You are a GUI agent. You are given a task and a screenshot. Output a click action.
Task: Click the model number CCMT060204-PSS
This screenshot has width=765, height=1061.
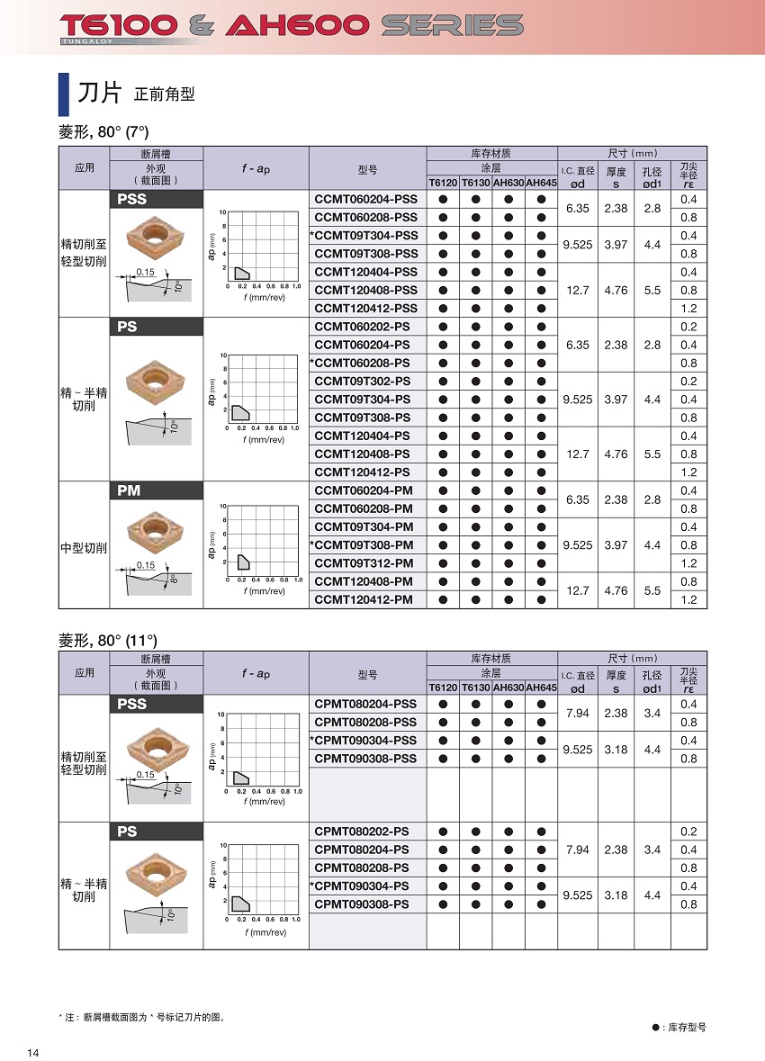pyautogui.click(x=366, y=199)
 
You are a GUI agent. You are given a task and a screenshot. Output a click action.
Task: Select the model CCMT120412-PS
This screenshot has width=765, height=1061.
pyautogui.click(x=363, y=472)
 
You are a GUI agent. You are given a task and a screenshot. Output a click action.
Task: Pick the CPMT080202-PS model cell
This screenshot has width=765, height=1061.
pyautogui.click(x=363, y=832)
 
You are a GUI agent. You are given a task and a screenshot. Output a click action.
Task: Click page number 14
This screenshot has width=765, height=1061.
pyautogui.click(x=33, y=1054)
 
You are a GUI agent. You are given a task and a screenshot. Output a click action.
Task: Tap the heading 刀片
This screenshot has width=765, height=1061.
pyautogui.click(x=98, y=92)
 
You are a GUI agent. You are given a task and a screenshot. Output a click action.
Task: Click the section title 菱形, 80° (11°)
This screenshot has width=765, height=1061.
pyautogui.click(x=108, y=640)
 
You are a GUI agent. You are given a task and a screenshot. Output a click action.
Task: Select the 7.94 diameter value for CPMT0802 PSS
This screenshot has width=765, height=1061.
pyautogui.click(x=578, y=714)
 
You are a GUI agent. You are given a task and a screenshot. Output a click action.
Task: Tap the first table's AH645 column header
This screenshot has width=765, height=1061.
pyautogui.click(x=541, y=183)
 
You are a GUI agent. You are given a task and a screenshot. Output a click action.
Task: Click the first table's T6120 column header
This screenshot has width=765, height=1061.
pyautogui.click(x=442, y=183)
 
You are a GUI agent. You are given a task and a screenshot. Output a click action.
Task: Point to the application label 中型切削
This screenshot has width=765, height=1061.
pyautogui.click(x=84, y=548)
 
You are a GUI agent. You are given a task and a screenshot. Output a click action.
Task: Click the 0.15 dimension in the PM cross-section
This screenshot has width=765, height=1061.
pyautogui.click(x=146, y=565)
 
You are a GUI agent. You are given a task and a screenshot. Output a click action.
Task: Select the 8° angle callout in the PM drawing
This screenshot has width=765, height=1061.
pyautogui.click(x=174, y=579)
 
